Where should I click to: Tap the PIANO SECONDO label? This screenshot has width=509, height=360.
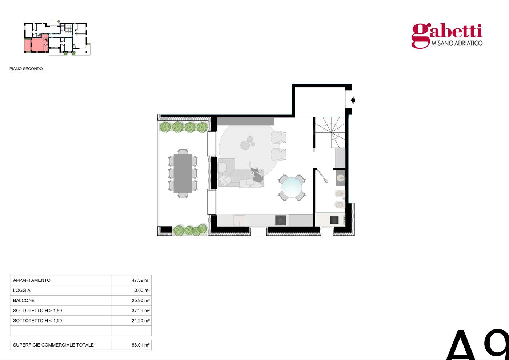[26, 69]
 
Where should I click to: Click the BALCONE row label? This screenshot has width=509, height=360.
[24, 300]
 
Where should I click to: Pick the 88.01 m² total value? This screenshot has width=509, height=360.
[140, 345]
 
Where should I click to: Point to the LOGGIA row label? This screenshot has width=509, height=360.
[22, 290]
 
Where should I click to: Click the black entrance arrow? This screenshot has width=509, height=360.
[353, 100]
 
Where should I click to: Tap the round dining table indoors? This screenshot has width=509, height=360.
[292, 188]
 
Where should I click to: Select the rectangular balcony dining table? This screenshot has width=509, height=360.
[183, 173]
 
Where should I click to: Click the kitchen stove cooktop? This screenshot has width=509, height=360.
[281, 220]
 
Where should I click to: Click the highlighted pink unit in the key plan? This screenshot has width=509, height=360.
[36, 44]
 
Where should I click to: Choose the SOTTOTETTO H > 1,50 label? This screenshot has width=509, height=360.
[37, 311]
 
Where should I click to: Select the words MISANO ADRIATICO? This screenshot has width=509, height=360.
[457, 43]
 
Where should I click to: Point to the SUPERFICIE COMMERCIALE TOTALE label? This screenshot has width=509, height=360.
[53, 345]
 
